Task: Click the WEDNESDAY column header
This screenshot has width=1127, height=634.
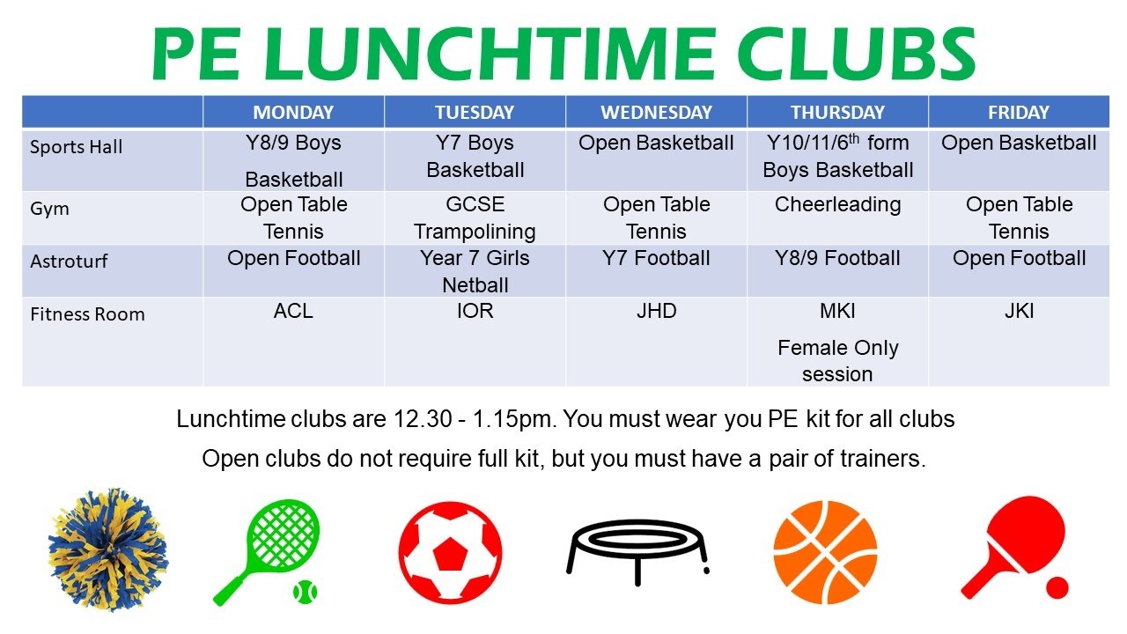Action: [x=656, y=112]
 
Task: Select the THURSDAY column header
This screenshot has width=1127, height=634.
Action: [x=837, y=112]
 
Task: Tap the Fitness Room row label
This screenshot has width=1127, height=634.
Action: [x=87, y=314]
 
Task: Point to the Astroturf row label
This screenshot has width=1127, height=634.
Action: [x=69, y=262]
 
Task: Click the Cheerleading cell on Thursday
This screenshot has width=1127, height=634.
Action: [x=837, y=205]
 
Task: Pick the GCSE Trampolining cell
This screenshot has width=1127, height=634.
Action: [x=475, y=217]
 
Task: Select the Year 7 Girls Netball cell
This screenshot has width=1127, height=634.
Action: [x=475, y=272]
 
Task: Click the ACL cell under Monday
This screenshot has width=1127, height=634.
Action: [x=293, y=311]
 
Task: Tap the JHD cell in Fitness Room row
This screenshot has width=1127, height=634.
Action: [x=656, y=311]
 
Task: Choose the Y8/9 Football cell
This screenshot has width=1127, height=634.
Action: [x=837, y=258]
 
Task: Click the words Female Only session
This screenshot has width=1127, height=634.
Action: [x=837, y=361]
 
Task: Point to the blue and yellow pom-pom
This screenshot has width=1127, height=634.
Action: [x=107, y=549]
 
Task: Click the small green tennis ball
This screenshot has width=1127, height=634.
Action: [x=306, y=592]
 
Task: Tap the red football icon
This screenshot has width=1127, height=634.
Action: [x=450, y=552]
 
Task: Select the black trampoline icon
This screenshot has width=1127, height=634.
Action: [x=637, y=552]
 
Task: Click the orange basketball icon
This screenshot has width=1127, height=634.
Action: [x=825, y=552]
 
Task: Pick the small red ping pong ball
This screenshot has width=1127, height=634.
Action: [x=1057, y=587]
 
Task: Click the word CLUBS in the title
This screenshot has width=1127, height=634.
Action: [x=856, y=54]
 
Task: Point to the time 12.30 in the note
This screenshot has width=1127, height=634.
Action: [x=423, y=419]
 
